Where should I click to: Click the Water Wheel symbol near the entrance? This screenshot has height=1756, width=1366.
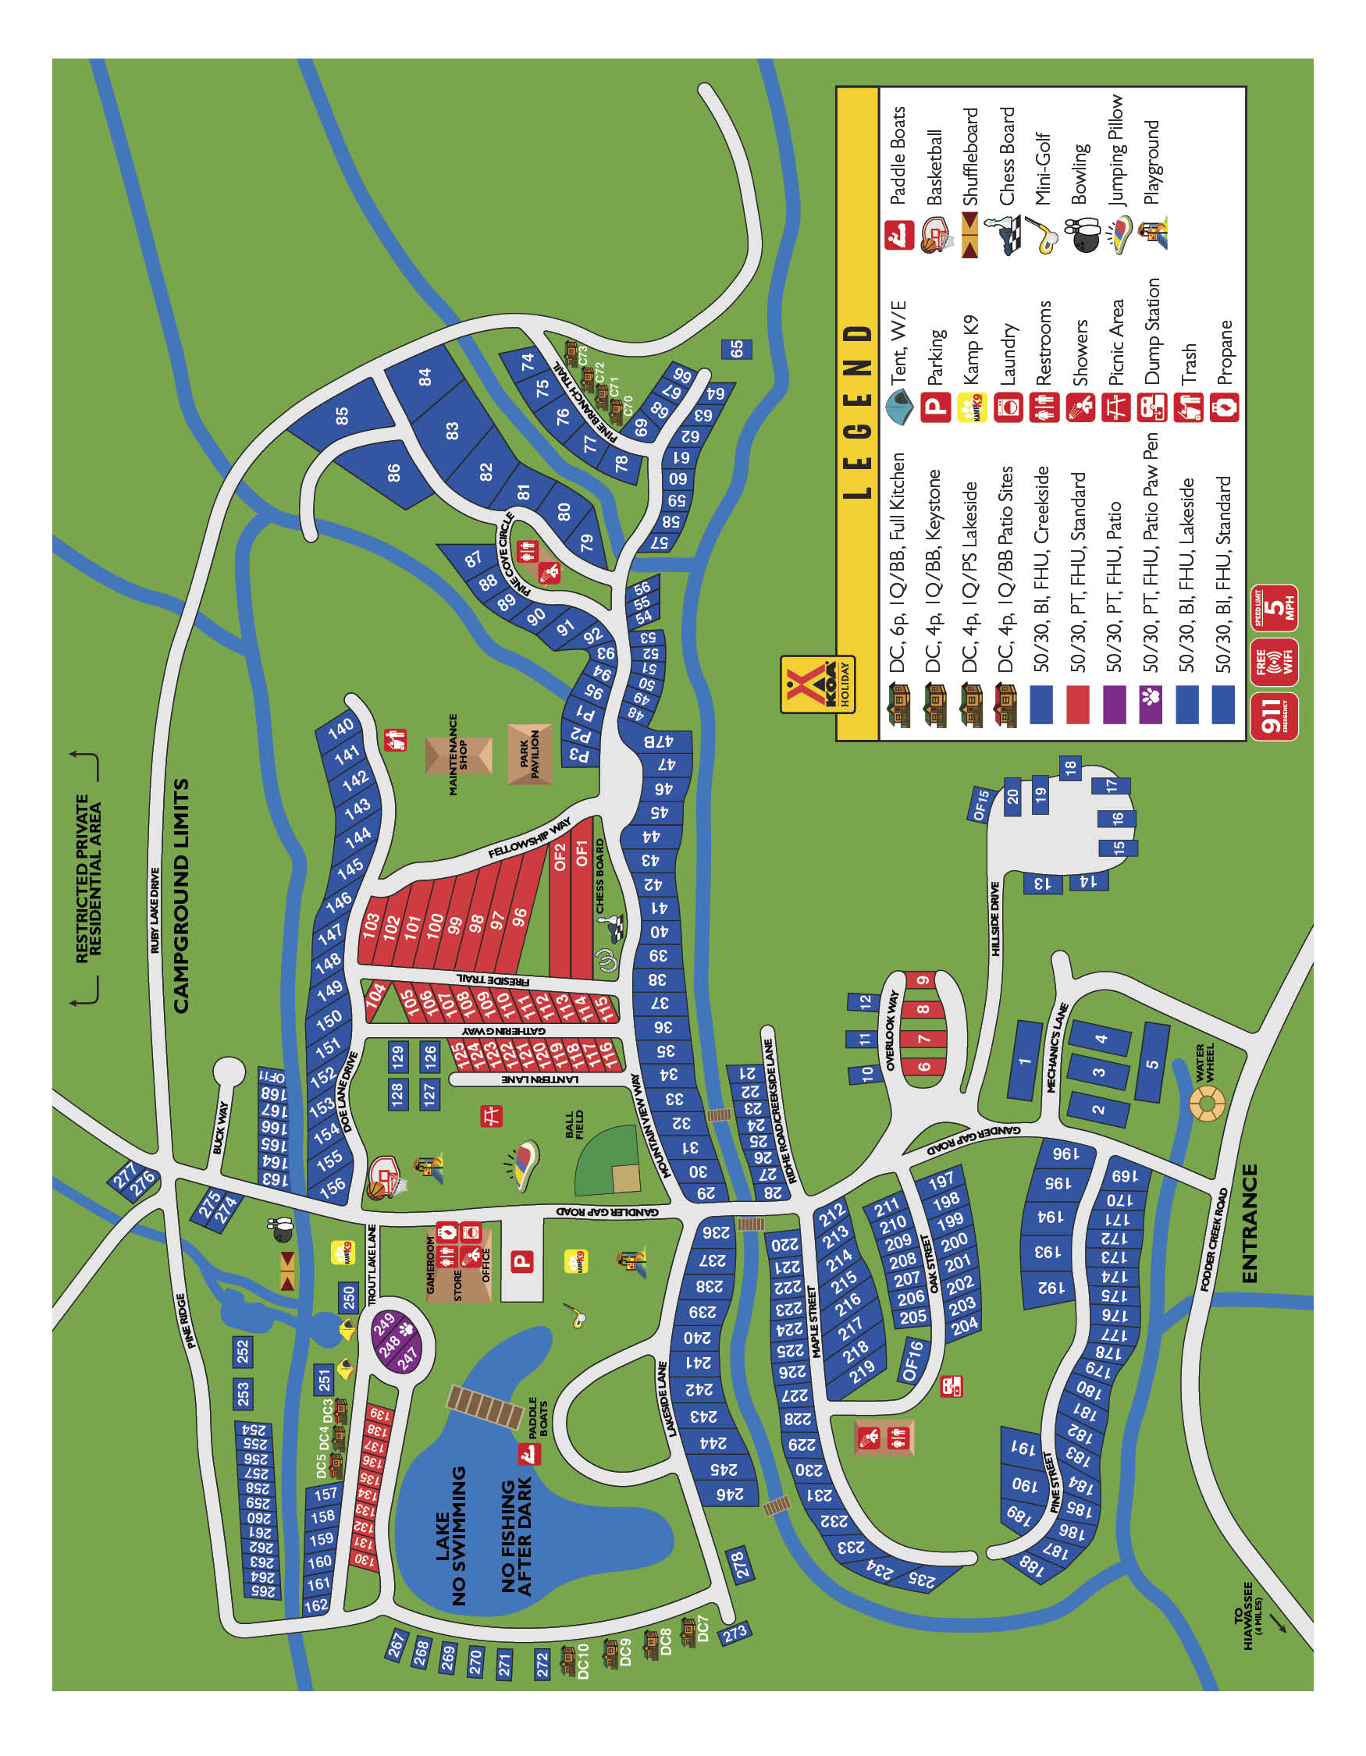[1207, 1103]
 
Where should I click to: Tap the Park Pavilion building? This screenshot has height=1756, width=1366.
[530, 754]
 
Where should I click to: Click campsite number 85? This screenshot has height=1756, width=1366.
[343, 415]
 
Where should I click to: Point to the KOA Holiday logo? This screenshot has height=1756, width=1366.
[816, 685]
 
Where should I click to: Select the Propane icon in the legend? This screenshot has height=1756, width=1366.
[1224, 407]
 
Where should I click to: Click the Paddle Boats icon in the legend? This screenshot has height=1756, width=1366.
[898, 236]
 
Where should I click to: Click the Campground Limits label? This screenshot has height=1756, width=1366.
[182, 896]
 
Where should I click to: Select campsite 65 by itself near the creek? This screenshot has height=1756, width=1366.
[736, 349]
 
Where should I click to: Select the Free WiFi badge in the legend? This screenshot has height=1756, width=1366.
[1275, 663]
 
